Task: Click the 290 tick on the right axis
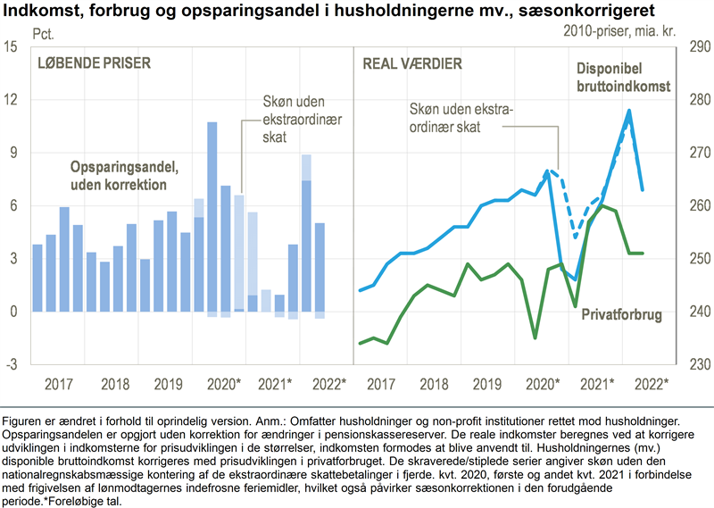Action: (697, 46)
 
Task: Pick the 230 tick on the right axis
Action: (697, 364)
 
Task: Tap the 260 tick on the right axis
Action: (697, 205)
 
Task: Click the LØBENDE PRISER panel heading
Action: (94, 63)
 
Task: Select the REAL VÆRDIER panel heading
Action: (411, 63)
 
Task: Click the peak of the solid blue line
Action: (629, 111)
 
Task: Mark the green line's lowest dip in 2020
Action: (535, 337)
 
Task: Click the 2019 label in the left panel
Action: (167, 383)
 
